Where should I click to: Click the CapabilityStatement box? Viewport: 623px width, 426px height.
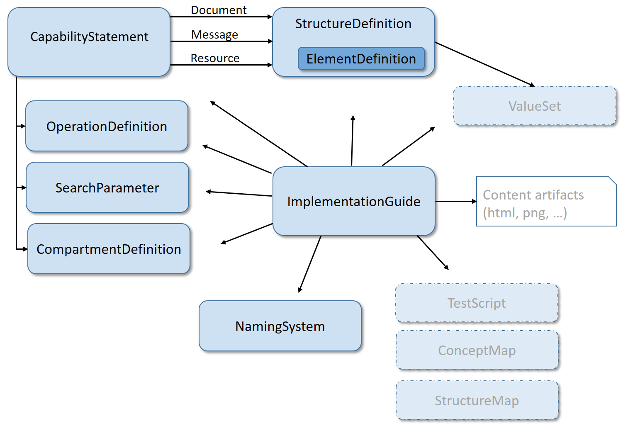point(89,41)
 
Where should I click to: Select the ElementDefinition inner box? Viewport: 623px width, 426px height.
point(361,59)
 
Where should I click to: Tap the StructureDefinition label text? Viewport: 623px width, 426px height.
point(353,24)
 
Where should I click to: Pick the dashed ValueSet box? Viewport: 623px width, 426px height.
point(534,106)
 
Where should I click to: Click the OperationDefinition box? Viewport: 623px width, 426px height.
point(107,126)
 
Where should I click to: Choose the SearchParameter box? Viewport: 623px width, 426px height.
point(107,187)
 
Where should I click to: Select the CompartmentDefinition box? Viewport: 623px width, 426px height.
point(109,249)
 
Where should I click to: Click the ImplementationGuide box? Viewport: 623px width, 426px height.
point(353,202)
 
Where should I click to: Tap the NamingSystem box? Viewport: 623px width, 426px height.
point(280,326)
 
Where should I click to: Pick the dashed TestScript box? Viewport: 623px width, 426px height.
point(477,303)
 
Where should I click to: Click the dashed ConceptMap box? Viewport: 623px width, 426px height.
point(477,350)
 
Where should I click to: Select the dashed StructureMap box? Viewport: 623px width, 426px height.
point(477,400)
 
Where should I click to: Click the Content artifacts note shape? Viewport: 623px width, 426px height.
point(546,202)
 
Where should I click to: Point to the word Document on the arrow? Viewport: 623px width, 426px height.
point(219,10)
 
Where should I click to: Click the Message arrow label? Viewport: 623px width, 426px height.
point(214,34)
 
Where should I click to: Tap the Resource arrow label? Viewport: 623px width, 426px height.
point(215,58)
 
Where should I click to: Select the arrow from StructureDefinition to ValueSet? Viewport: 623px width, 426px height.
point(484,64)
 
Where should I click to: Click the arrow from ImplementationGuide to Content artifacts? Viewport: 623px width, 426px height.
point(455,201)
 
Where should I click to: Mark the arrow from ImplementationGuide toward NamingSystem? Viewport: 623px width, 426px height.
point(310,264)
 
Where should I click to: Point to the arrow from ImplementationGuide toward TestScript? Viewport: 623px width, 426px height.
point(433,253)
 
